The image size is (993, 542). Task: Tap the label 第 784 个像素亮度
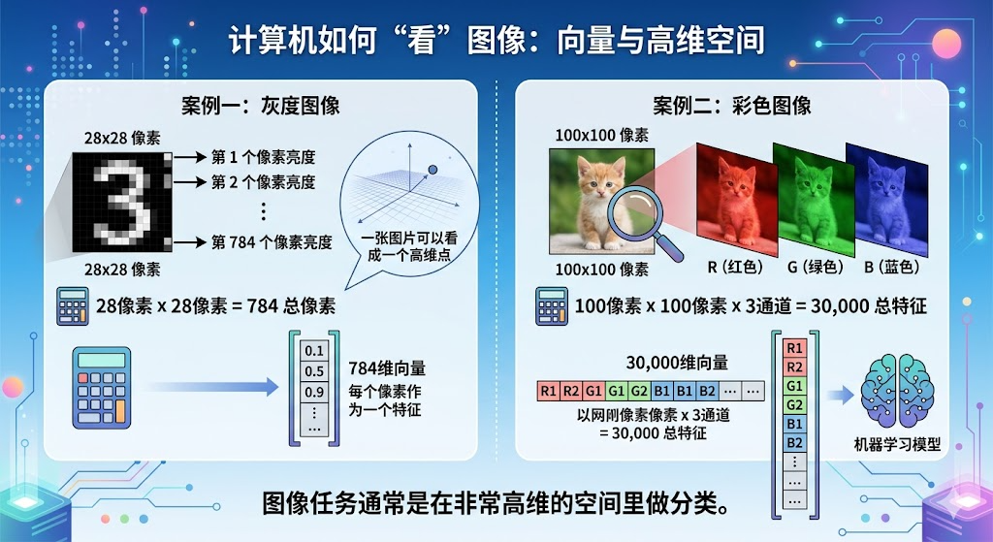(272, 242)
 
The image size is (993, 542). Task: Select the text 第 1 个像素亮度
(263, 157)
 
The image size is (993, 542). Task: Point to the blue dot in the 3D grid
(432, 170)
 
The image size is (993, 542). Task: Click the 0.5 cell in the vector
(313, 371)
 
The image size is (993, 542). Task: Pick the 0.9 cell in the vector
(313, 393)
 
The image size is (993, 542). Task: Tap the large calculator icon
(101, 387)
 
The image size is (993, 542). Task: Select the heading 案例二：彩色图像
(731, 106)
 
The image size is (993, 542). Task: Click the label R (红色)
(734, 267)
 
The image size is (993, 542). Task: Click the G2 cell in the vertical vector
(794, 404)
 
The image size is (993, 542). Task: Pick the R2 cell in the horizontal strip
(572, 392)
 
